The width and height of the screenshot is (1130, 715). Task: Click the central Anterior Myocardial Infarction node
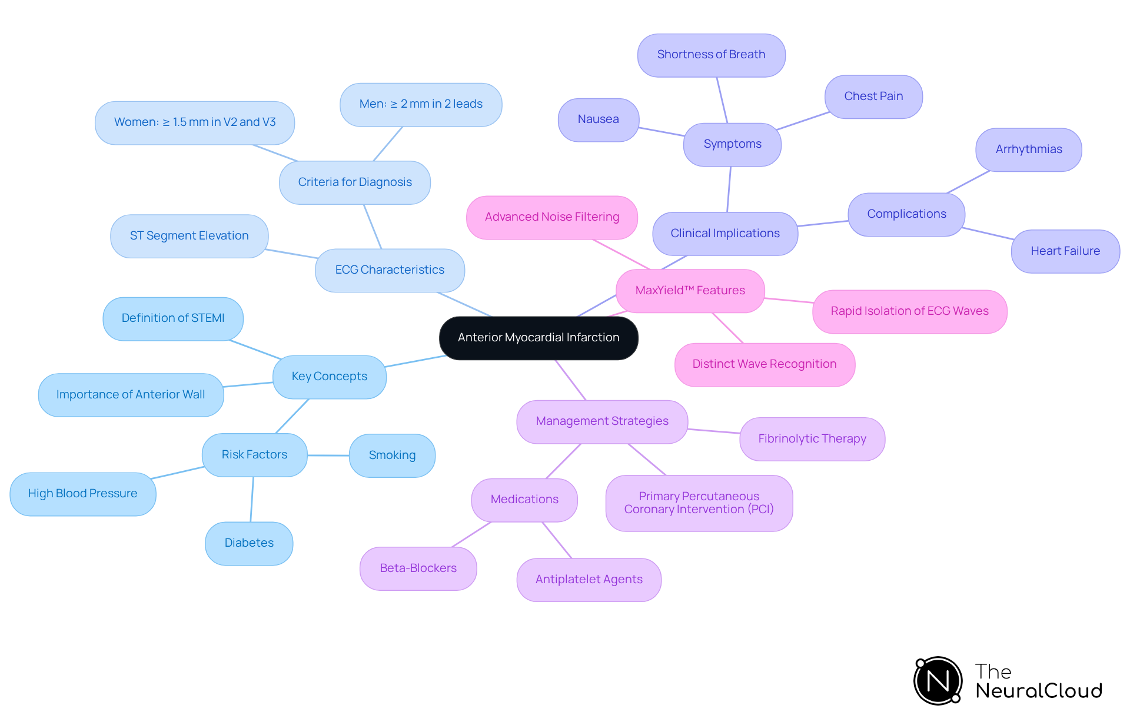[539, 338]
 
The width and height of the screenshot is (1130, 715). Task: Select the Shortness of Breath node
[711, 55]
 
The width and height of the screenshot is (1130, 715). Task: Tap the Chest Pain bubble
[873, 97]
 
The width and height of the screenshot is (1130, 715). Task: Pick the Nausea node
[598, 119]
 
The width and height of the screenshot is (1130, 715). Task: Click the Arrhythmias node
[1028, 149]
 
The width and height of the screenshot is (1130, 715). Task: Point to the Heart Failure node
[1065, 251]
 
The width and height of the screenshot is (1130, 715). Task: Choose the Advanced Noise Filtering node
[551, 217]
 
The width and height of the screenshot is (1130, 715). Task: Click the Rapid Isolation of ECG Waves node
[909, 311]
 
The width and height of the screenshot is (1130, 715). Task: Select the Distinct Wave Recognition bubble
[764, 364]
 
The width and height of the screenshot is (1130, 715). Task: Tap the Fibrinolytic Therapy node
[812, 439]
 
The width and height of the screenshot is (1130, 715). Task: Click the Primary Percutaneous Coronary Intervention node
[699, 503]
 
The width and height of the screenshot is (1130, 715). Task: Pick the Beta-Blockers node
[418, 568]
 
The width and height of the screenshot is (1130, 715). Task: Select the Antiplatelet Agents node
[589, 580]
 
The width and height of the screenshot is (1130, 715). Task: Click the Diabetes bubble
[249, 543]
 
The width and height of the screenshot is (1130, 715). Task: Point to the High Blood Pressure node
[82, 494]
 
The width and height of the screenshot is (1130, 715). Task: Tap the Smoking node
[392, 455]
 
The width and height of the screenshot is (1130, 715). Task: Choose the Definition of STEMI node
[172, 318]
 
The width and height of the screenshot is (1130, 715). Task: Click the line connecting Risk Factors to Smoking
[328, 455]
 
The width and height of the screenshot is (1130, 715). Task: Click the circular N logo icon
[938, 681]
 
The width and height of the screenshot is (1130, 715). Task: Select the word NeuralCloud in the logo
[1038, 691]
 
